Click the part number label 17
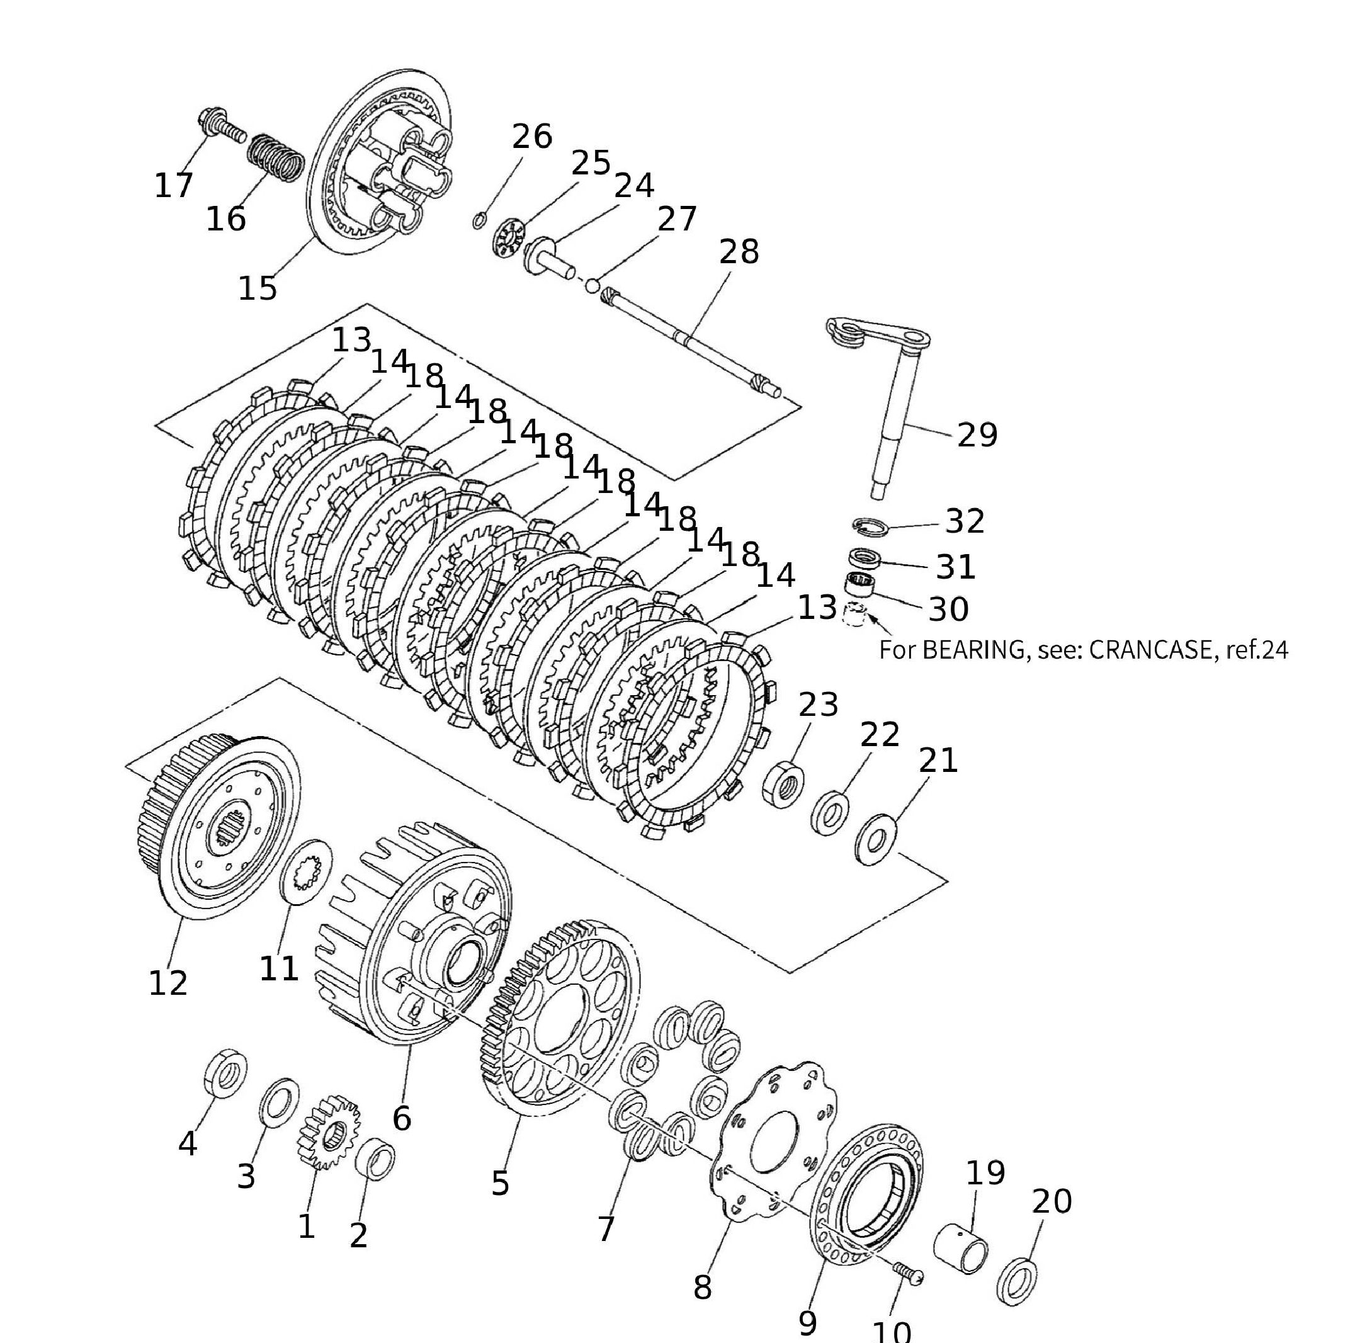(x=173, y=186)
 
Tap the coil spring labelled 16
(x=278, y=157)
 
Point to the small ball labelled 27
(x=592, y=285)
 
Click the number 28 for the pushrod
(x=739, y=252)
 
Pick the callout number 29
(x=977, y=436)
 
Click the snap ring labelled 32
(x=870, y=526)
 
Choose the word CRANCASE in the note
(x=1150, y=650)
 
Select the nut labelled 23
(x=783, y=783)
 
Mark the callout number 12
(x=168, y=984)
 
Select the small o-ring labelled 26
(x=479, y=220)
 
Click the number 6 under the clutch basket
(x=402, y=1118)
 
